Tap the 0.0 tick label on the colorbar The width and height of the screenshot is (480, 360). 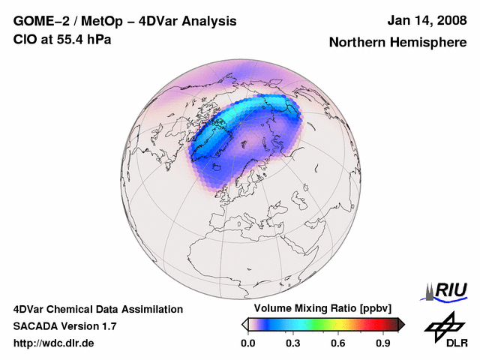[x=248, y=343]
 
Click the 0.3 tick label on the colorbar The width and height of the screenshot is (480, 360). [x=293, y=343]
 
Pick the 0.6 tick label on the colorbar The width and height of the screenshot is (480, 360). [x=338, y=343]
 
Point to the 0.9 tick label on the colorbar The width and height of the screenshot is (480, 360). [x=383, y=343]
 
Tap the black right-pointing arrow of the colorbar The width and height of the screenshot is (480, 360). [x=401, y=324]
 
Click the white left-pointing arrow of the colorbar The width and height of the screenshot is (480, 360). [x=244, y=324]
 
